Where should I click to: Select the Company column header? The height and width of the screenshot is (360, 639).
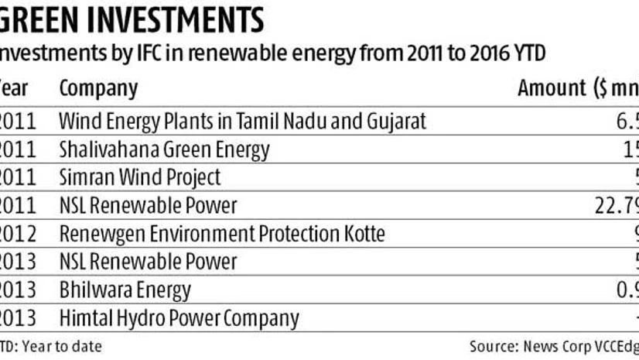coord(98,88)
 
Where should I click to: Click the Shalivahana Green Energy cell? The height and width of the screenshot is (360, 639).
coord(165,150)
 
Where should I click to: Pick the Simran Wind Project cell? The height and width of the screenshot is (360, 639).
coord(140,178)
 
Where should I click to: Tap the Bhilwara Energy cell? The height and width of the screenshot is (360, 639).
coord(125,290)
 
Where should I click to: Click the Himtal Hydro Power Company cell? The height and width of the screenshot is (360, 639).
coord(179,318)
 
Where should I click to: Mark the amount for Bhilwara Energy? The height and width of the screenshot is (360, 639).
coord(626,290)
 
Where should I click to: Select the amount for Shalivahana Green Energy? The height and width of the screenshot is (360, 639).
coord(630,150)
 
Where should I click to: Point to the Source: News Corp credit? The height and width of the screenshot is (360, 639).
coord(553,346)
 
